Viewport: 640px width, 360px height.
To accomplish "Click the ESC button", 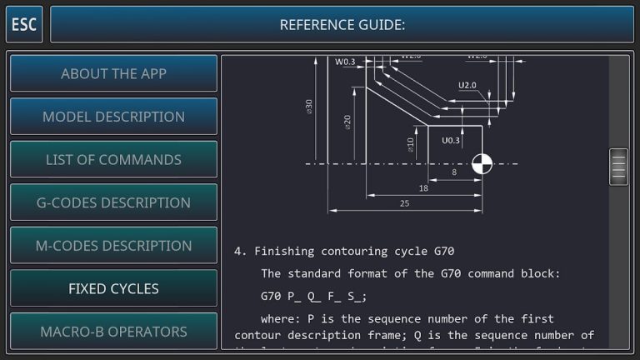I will tap(24, 24).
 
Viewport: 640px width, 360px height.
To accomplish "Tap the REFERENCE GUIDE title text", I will tap(342, 24).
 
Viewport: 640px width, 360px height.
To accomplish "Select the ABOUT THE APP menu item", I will tap(113, 73).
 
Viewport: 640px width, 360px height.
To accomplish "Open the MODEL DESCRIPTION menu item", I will tap(113, 117).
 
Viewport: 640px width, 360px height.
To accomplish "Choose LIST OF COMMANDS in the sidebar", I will tap(113, 159).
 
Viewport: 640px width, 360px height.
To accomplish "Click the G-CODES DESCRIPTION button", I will tap(113, 202).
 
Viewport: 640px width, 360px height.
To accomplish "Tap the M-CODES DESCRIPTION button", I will tap(113, 246).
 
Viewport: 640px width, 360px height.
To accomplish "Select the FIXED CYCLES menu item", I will tap(113, 288).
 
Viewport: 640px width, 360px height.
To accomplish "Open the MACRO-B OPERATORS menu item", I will tap(113, 331).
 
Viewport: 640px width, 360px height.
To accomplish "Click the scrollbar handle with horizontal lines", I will tap(618, 166).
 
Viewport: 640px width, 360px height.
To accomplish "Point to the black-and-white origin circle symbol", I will tap(482, 163).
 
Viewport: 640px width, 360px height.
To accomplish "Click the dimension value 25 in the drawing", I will tap(404, 203).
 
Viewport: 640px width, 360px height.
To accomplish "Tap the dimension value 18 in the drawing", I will tap(423, 188).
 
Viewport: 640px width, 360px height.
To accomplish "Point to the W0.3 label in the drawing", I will tap(344, 62).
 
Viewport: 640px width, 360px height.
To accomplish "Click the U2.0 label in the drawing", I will tap(467, 85).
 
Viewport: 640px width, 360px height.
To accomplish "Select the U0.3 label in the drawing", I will tap(450, 140).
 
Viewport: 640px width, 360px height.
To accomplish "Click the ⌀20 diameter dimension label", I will tap(347, 122).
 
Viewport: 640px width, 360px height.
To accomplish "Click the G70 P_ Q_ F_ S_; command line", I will tap(313, 296).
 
